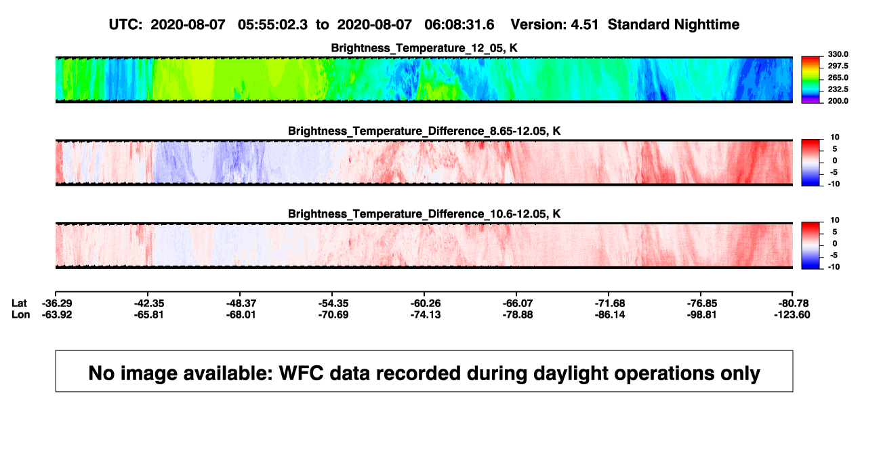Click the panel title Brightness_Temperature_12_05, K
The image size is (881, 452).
pyautogui.click(x=424, y=48)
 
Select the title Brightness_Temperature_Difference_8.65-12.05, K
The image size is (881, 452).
pyautogui.click(x=424, y=131)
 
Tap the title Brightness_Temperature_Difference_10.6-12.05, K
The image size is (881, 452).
pyautogui.click(x=424, y=214)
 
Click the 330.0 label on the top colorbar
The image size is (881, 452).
pyautogui.click(x=838, y=54)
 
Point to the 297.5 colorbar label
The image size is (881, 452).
pyautogui.click(x=838, y=66)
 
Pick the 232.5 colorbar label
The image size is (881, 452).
pyautogui.click(x=838, y=89)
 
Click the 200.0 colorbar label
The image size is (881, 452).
pyautogui.click(x=838, y=101)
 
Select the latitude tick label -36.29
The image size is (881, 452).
pyautogui.click(x=57, y=304)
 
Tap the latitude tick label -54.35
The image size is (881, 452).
pyautogui.click(x=333, y=304)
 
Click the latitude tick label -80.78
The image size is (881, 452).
pyautogui.click(x=794, y=304)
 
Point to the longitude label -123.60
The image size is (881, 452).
pyautogui.click(x=792, y=314)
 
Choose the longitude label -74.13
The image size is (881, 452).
pyautogui.click(x=426, y=314)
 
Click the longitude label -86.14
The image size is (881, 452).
pyautogui.click(x=610, y=314)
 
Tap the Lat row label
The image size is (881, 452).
pyautogui.click(x=19, y=304)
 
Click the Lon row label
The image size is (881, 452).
pyautogui.click(x=21, y=314)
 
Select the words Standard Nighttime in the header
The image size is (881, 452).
pyautogui.click(x=674, y=24)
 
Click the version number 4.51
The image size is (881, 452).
pyautogui.click(x=584, y=24)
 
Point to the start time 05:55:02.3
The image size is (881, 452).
pyautogui.click(x=272, y=24)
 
